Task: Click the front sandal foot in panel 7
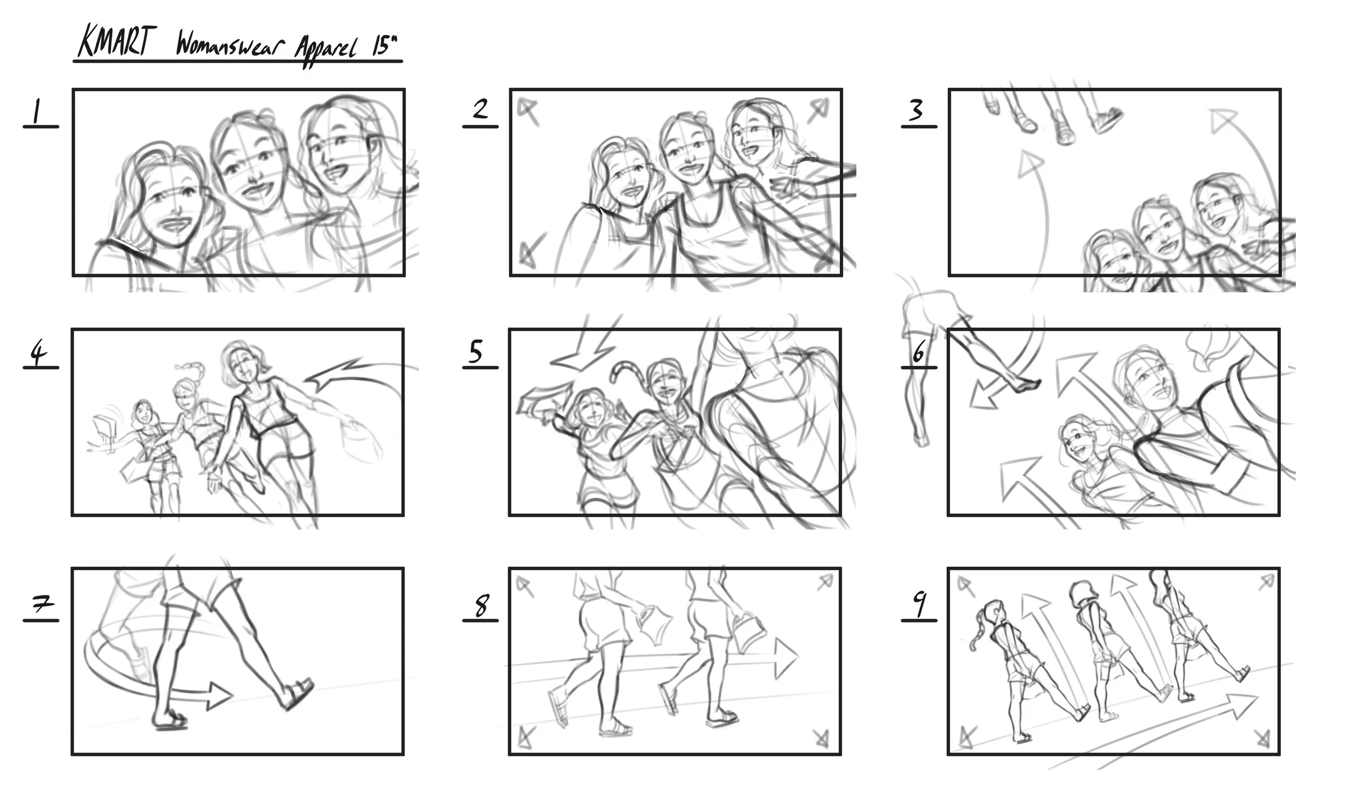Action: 298,694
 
